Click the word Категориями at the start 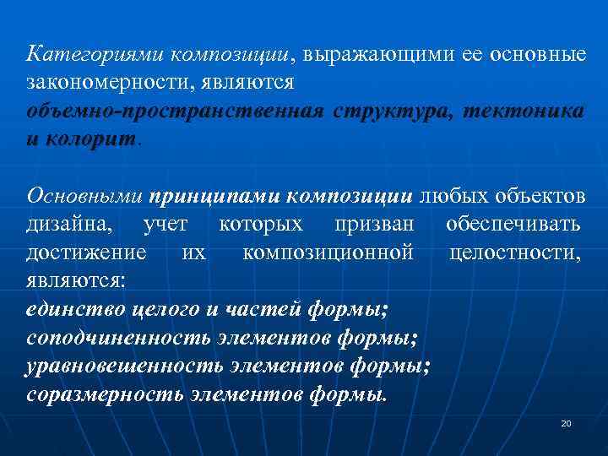click(x=95, y=55)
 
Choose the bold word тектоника click(x=524, y=111)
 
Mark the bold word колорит click(x=92, y=139)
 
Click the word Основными click(x=84, y=196)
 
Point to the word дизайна click(x=72, y=225)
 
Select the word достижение click(x=86, y=252)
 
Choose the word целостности click(x=515, y=252)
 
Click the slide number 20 click(x=566, y=422)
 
